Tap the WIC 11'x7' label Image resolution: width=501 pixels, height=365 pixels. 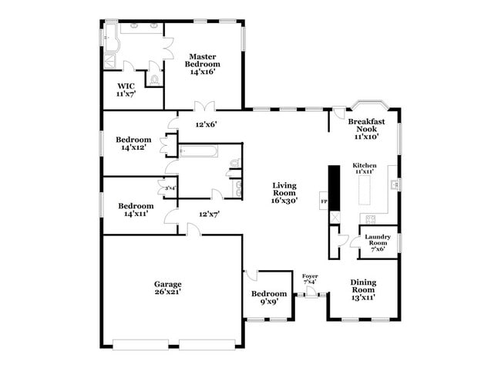point(126,90)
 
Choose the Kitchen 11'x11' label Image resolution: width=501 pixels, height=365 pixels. point(364,168)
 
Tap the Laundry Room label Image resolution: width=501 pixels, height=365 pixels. point(377,243)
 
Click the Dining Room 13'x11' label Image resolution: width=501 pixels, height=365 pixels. point(363,289)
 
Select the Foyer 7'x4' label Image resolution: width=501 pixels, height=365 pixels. point(310,278)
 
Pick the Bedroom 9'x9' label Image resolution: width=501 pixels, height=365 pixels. point(269,298)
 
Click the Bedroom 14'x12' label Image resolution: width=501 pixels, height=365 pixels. point(135,144)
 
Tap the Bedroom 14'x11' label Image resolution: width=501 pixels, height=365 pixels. point(135,210)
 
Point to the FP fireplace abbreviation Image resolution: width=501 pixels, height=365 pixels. point(324,202)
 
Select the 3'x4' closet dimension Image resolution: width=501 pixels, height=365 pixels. point(170,188)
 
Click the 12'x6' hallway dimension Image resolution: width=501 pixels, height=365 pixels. point(206,123)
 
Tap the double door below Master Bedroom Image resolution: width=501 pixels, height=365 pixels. point(203,106)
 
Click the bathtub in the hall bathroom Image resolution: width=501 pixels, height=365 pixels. point(199,150)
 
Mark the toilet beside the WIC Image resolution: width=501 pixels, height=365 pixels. point(155,79)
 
